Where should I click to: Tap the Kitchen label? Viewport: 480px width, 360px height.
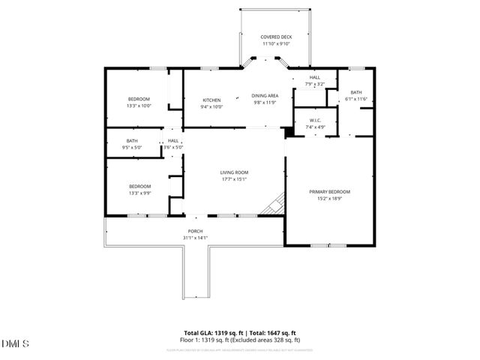point(211,100)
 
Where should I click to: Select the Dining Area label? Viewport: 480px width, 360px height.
point(265,96)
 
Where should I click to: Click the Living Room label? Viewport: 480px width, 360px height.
point(234,172)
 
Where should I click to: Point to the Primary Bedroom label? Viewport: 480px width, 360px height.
point(329,192)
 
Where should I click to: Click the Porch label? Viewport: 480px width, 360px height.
point(195,231)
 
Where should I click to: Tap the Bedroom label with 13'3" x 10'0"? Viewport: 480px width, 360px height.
point(139,100)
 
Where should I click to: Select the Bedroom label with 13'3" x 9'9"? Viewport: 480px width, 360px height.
point(139,186)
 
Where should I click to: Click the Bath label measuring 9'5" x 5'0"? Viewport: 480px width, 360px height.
point(132,141)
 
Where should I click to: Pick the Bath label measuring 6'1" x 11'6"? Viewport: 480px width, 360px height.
point(355,92)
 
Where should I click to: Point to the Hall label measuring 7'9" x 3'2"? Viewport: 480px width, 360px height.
point(315,77)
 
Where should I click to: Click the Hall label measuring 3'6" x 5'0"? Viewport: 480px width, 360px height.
point(173,141)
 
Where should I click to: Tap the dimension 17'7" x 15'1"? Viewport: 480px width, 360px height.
point(234,179)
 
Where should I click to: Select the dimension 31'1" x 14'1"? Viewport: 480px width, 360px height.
point(195,238)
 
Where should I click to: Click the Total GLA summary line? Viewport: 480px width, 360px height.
point(240,332)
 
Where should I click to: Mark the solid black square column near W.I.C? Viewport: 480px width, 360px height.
point(289,133)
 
